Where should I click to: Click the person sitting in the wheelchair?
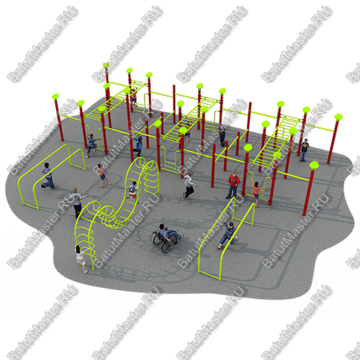coord(168,233)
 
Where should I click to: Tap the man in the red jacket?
coord(233,185)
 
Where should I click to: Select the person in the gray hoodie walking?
coord(189,185)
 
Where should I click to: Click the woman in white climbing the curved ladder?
coord(81,258)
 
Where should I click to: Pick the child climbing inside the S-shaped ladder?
coord(132,192)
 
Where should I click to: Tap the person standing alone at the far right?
coord(304,150)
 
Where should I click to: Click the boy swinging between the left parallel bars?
coord(48,176)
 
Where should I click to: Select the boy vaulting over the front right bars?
coord(228,235)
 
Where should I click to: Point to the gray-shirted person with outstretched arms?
coord(76,202)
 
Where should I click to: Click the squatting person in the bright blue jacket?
coord(138,146)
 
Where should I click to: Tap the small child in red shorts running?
coord(104,174)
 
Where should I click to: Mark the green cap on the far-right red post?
coord(338,117)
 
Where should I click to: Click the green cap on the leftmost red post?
coord(55,96)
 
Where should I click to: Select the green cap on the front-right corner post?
coord(314,165)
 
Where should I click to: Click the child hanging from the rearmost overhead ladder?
coord(134,97)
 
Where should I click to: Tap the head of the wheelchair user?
coord(162,227)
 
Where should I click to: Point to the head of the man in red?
coord(234,174)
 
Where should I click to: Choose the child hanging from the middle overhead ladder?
coord(188,132)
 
